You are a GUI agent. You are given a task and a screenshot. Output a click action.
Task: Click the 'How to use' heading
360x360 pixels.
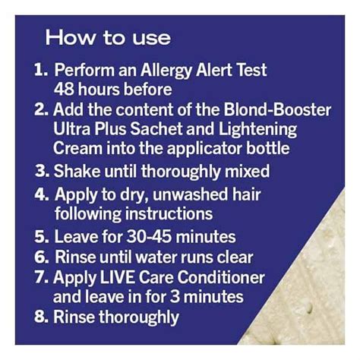[107, 36]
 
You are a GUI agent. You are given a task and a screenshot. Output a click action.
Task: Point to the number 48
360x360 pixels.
[66, 88]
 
